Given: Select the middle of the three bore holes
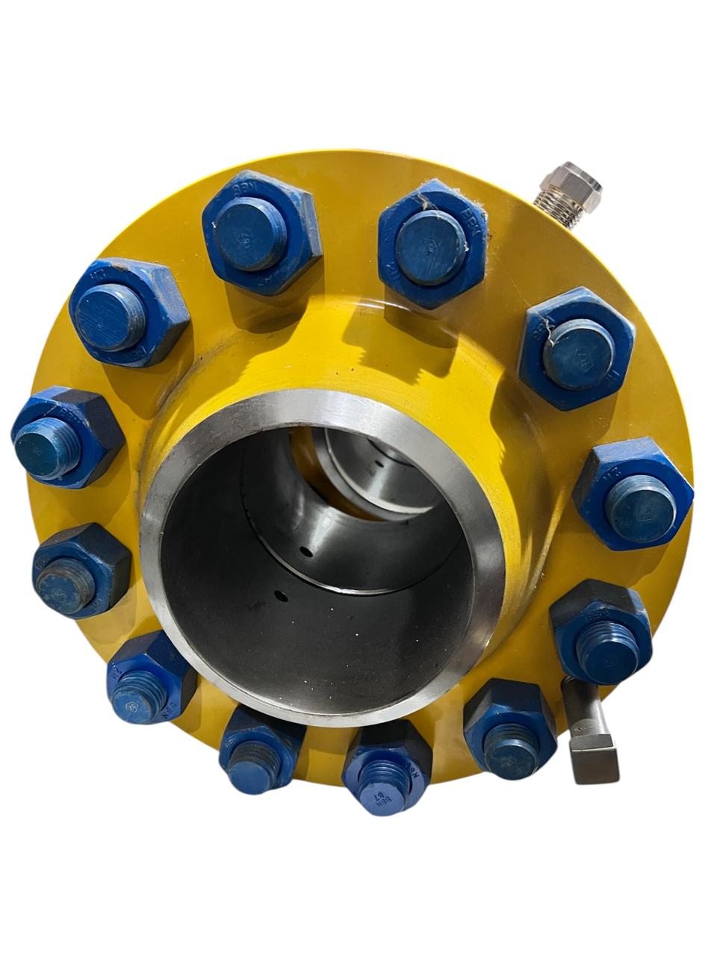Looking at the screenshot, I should [x=305, y=553].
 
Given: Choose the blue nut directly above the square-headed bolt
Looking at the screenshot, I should [x=602, y=631].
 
